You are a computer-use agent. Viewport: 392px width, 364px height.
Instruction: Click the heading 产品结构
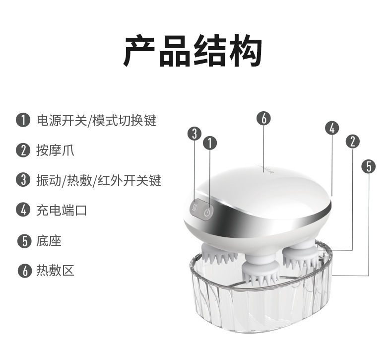click(193, 51)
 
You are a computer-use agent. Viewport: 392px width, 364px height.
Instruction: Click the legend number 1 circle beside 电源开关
click(22, 120)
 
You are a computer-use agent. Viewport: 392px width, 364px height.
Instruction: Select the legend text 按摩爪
click(55, 150)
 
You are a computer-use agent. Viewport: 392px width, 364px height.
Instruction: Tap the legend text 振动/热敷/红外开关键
click(99, 180)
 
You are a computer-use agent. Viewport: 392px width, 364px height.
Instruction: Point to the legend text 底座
click(49, 241)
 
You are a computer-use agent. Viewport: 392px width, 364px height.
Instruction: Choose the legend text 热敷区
click(55, 271)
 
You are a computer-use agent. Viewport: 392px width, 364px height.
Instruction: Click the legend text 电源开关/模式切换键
click(96, 120)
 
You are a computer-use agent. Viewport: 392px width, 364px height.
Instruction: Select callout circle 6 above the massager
click(263, 118)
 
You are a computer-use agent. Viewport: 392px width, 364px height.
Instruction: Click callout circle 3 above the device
click(195, 134)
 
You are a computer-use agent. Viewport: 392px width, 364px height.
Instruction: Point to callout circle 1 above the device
click(210, 144)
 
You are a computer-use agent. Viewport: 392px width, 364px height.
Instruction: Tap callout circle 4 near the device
click(331, 128)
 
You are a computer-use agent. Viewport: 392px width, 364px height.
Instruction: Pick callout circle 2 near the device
click(352, 142)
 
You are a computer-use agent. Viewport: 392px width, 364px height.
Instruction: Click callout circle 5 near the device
click(368, 166)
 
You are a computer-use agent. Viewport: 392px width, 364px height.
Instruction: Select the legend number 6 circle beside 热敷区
click(22, 271)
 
